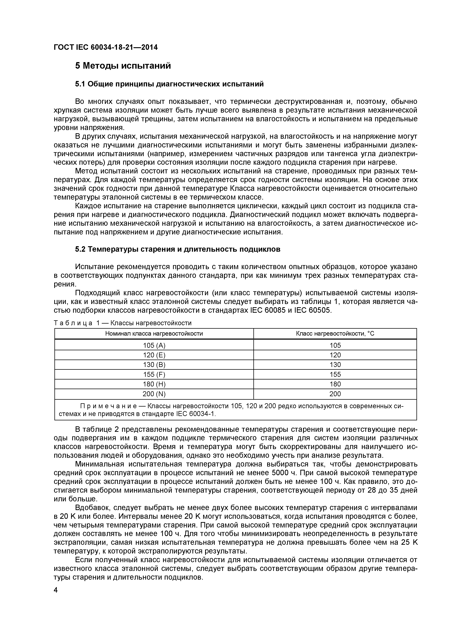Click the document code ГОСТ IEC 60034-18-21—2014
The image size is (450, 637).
click(106, 47)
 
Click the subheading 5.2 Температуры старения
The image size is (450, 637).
click(178, 249)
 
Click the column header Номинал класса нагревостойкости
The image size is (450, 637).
click(154, 334)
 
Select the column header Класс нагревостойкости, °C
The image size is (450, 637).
click(335, 334)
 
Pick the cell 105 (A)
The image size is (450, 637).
click(154, 345)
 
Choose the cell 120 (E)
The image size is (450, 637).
click(154, 355)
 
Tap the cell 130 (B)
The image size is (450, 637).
click(154, 365)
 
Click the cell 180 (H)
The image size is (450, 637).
click(154, 384)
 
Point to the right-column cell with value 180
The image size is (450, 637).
click(335, 384)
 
